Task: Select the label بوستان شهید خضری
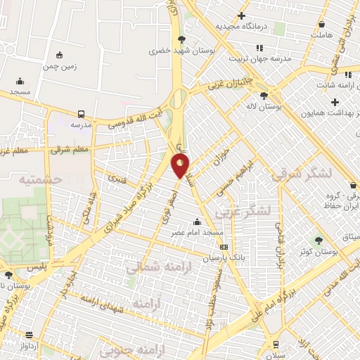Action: click(x=169, y=51)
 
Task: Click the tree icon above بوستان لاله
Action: click(x=264, y=96)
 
